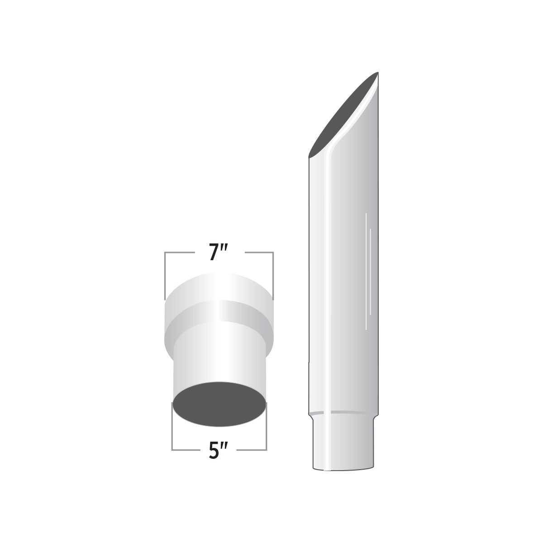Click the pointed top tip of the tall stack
[377, 72]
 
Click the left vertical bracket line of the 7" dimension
[165, 276]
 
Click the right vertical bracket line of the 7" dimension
[273, 276]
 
